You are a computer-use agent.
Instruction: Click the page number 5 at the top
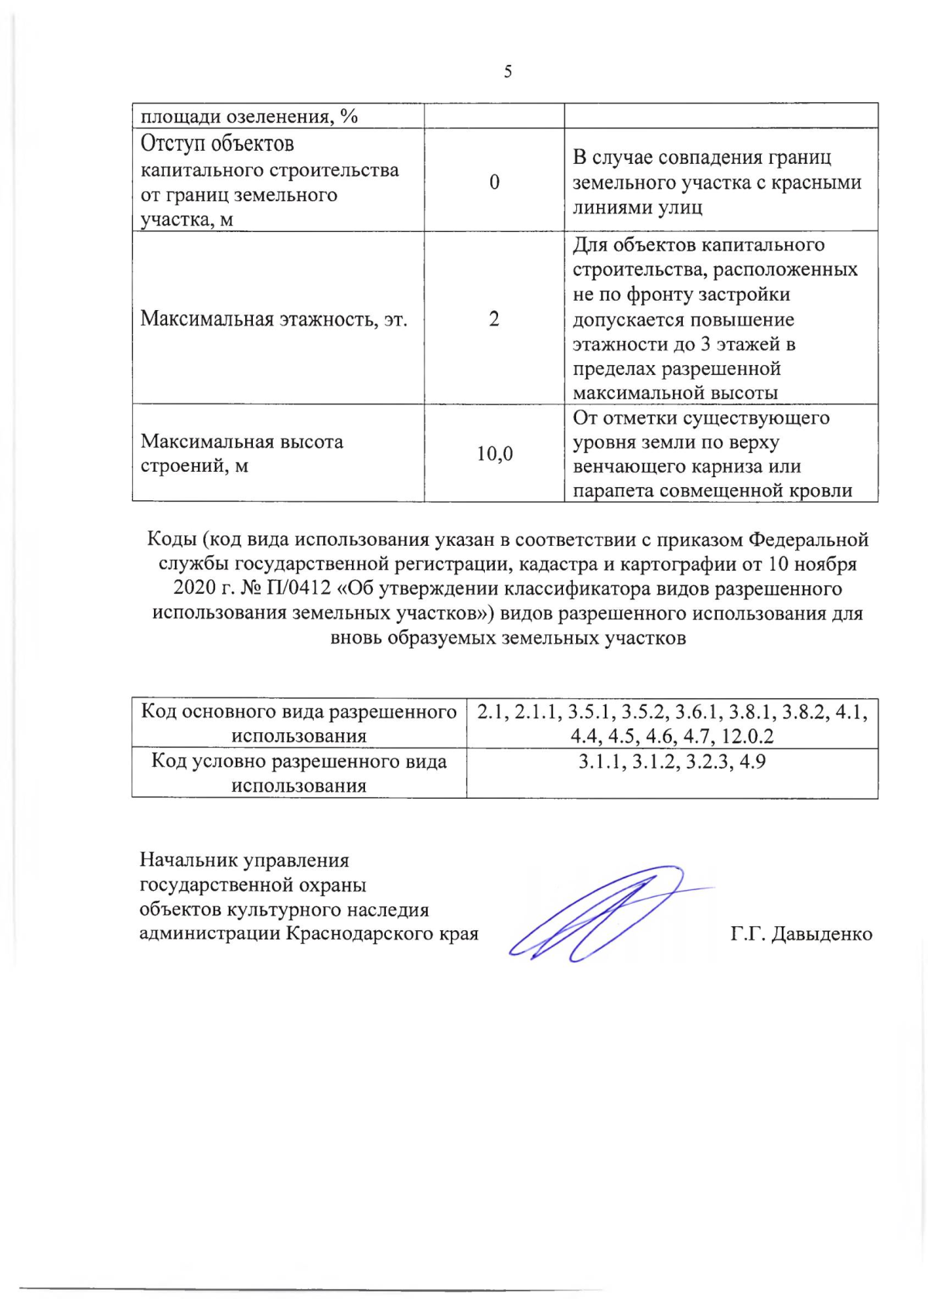[507, 72]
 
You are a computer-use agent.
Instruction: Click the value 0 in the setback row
[494, 182]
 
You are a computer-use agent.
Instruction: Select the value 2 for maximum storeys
[494, 319]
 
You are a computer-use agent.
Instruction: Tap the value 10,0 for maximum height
[494, 454]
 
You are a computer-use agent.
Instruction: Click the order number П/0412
[298, 588]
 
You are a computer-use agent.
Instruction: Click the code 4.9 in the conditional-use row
[752, 762]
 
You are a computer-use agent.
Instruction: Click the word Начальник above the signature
[189, 860]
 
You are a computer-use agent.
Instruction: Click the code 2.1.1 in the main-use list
[537, 711]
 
